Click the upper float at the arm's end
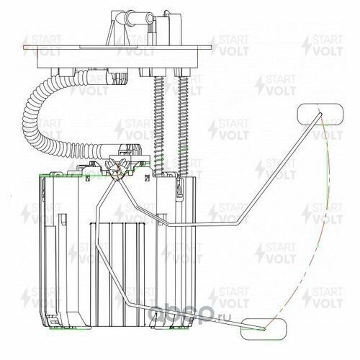point(320,114)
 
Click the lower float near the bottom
point(264,329)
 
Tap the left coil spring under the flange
point(159,125)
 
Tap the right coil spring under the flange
point(183,125)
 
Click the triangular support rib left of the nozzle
point(109,34)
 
